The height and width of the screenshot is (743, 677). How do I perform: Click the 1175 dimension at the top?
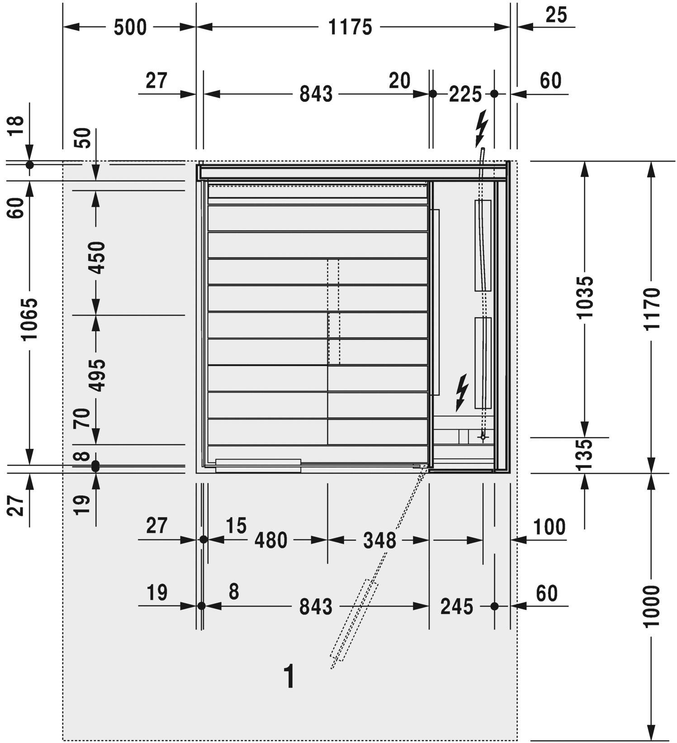[350, 28]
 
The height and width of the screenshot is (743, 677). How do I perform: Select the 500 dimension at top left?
[130, 28]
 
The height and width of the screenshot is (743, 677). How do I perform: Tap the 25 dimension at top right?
[556, 15]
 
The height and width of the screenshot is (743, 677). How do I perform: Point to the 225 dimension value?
[465, 94]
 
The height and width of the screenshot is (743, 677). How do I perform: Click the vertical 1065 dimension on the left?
[29, 319]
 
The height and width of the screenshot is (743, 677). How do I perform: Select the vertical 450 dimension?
[96, 257]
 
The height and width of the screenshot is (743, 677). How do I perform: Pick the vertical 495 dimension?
[96, 375]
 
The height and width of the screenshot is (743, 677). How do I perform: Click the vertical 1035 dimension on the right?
[585, 297]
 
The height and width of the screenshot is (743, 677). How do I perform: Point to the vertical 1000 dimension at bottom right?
[652, 606]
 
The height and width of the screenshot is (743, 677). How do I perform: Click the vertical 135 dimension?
[585, 455]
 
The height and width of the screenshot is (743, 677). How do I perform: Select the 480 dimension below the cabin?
[270, 540]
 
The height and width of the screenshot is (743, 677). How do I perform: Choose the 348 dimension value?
[379, 540]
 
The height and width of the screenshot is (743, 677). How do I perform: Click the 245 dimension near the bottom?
[456, 606]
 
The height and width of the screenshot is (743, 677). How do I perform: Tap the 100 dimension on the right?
[549, 527]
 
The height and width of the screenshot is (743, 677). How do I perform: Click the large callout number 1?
[289, 676]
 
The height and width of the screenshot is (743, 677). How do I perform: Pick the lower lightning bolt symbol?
[462, 392]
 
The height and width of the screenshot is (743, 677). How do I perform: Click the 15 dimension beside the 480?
[236, 525]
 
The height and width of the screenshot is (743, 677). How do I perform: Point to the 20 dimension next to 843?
[399, 81]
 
